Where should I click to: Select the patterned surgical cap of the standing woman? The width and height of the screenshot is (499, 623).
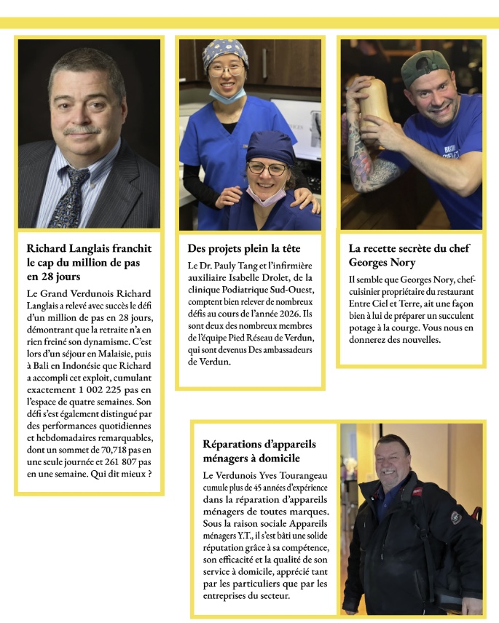point(225,50)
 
